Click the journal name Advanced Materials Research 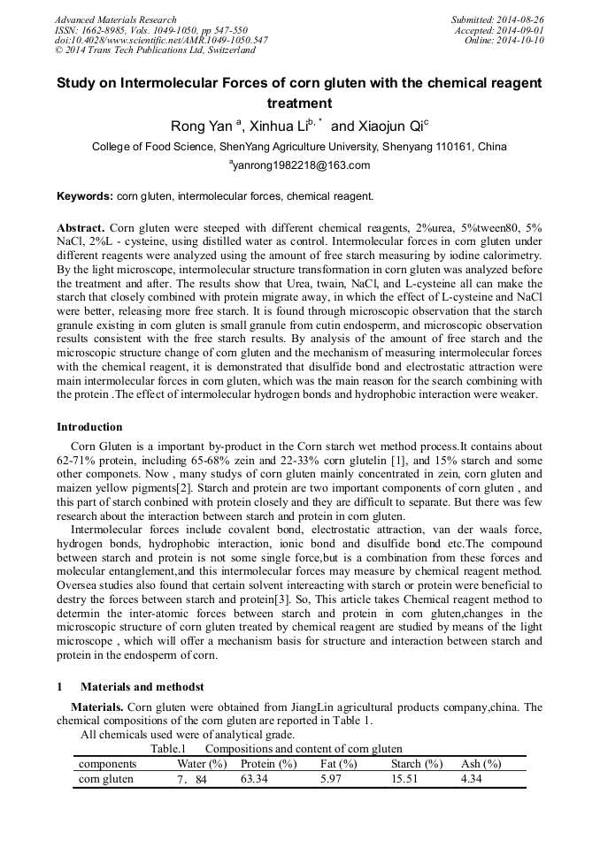click(116, 19)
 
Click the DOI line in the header click(162, 41)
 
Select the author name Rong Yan click(201, 126)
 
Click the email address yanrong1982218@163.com click(301, 165)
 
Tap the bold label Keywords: click(85, 195)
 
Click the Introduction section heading click(89, 427)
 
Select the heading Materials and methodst click(142, 686)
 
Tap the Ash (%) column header click(481, 764)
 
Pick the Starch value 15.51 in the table click(405, 779)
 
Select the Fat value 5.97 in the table click(330, 779)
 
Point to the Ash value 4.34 click(471, 779)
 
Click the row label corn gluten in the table click(106, 779)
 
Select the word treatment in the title click(299, 103)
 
